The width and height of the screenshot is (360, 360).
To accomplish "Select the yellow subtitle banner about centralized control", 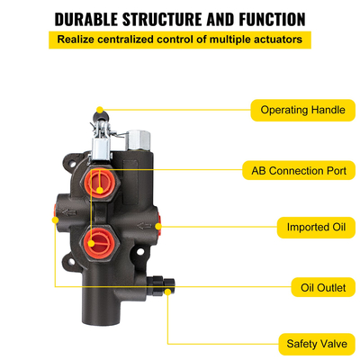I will pos(179,40).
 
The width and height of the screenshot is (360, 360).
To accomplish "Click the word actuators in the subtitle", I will pos(280,40).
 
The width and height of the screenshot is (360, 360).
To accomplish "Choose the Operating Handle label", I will pos(301,110).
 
